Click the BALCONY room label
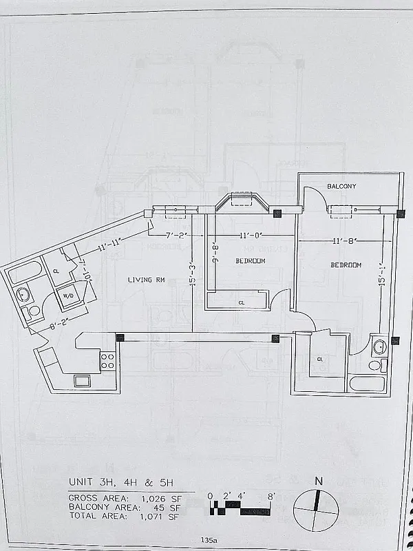341,187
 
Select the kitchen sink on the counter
82,380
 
